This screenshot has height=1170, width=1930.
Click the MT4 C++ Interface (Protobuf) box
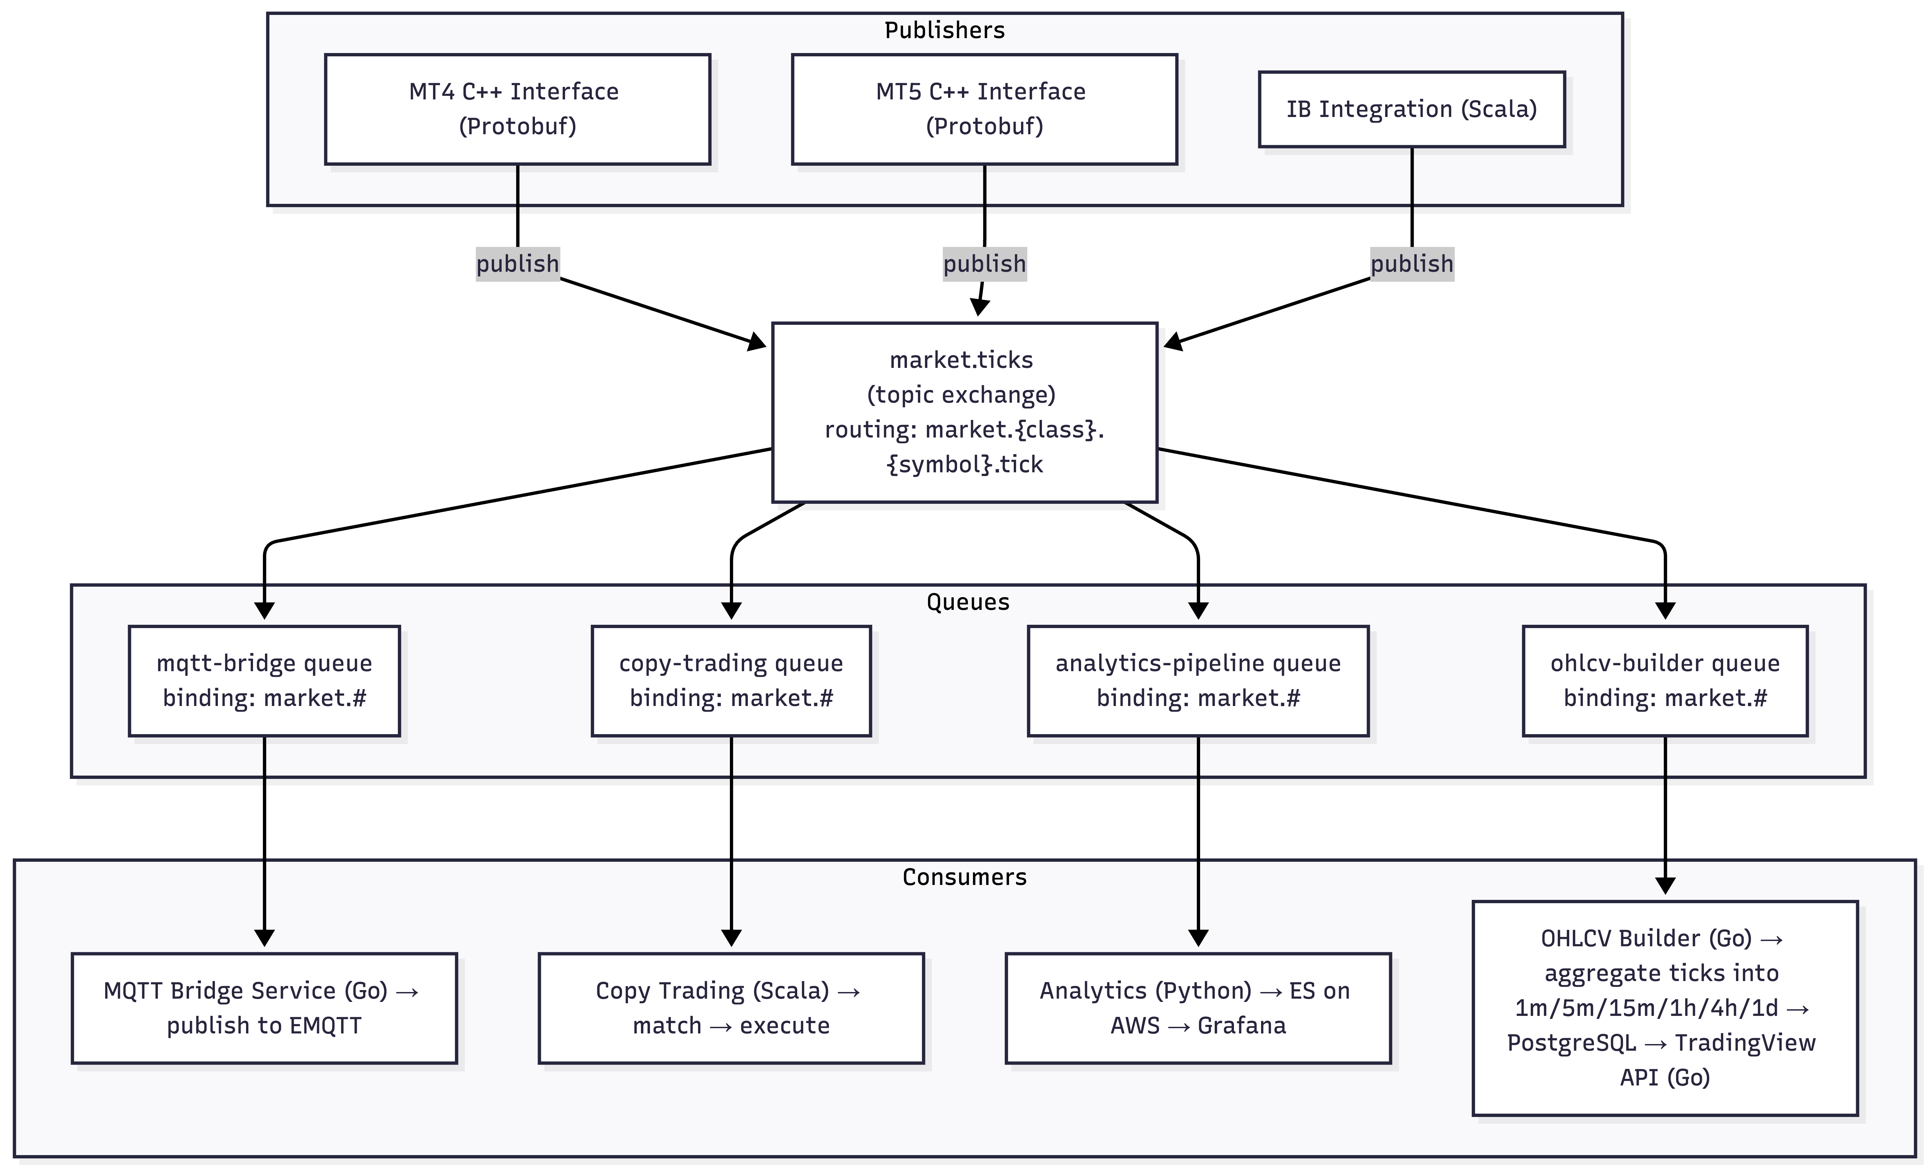[x=517, y=109]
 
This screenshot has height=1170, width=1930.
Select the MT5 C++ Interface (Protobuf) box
[x=984, y=109]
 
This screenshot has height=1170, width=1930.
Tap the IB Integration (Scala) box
[x=1411, y=109]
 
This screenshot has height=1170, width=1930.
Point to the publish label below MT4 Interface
[x=517, y=264]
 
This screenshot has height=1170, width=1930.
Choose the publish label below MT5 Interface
[x=984, y=264]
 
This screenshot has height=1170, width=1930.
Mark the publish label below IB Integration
[x=1411, y=264]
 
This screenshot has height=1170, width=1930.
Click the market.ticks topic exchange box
[x=964, y=412]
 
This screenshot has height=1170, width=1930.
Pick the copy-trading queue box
[x=731, y=680]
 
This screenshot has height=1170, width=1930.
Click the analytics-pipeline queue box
[x=1198, y=680]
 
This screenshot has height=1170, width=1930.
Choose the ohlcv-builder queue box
[x=1664, y=680]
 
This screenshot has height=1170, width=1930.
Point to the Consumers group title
[x=964, y=877]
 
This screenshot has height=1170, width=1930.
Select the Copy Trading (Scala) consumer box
[x=731, y=1008]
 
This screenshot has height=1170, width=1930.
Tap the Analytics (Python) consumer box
[x=1198, y=1008]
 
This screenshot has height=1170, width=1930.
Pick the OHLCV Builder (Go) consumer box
[x=1664, y=1008]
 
